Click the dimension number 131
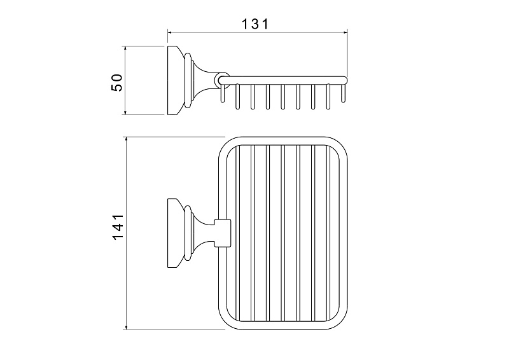(x=256, y=24)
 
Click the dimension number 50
(x=117, y=83)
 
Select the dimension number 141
(x=118, y=226)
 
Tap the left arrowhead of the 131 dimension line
(x=169, y=32)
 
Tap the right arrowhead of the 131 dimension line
(x=345, y=32)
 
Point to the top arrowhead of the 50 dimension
(x=125, y=48)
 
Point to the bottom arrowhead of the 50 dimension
(x=125, y=113)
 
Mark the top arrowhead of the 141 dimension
(x=126, y=139)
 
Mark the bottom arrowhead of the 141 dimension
(x=126, y=327)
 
